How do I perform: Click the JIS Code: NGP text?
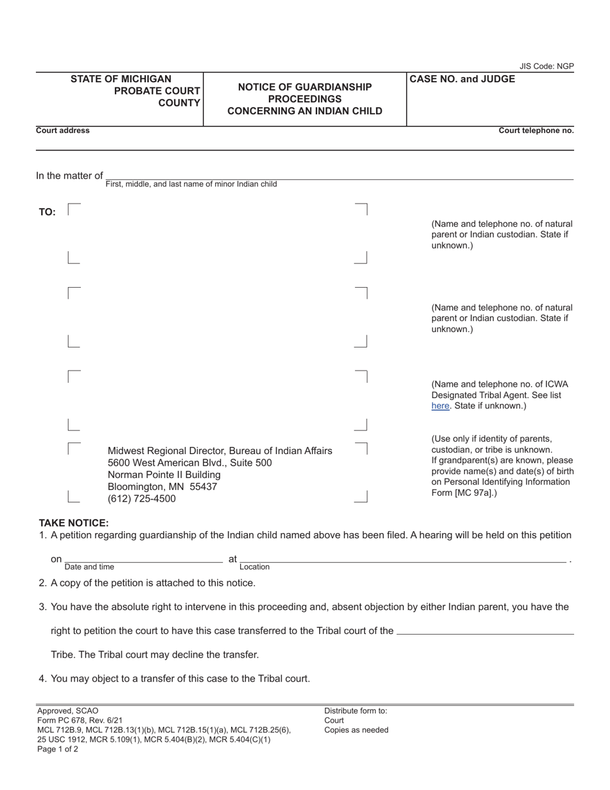(x=546, y=66)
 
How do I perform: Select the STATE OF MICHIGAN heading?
(x=121, y=79)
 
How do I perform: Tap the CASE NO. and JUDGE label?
(x=462, y=79)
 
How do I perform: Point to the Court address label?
(x=63, y=130)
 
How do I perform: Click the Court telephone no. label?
(x=536, y=130)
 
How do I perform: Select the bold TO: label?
(x=48, y=212)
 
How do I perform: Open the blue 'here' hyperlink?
(x=440, y=406)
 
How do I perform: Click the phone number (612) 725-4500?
(x=141, y=498)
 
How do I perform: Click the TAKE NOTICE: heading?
(x=74, y=523)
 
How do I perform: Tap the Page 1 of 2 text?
(x=58, y=749)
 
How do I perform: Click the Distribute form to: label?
(x=356, y=710)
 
